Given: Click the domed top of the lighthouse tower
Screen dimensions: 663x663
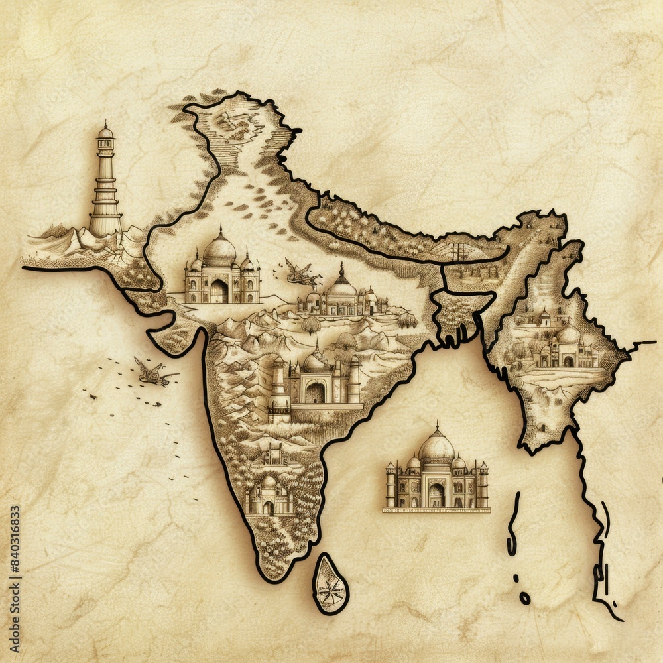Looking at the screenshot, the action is pyautogui.click(x=105, y=132).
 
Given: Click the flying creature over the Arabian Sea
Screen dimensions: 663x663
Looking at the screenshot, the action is pyautogui.click(x=154, y=373).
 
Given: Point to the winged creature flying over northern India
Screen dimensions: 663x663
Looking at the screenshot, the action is pyautogui.click(x=302, y=272).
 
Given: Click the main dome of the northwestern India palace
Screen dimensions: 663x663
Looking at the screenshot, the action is pyautogui.click(x=219, y=251).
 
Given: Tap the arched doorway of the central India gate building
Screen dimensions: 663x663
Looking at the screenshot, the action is pyautogui.click(x=315, y=392).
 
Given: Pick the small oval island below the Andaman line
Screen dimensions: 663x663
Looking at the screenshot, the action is pyautogui.click(x=524, y=598).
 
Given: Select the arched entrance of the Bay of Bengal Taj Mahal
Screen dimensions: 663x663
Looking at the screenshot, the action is pyautogui.click(x=436, y=495).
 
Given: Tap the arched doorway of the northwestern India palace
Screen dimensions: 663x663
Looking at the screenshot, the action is pyautogui.click(x=219, y=291).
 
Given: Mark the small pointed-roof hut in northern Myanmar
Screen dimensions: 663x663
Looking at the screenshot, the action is pyautogui.click(x=544, y=317).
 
